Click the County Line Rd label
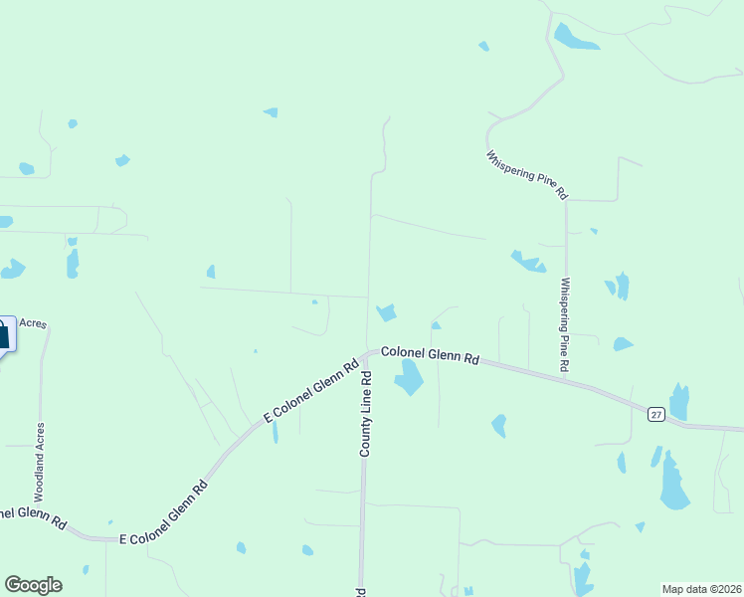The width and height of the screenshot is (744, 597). [x=366, y=414]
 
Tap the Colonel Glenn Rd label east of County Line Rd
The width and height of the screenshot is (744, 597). [x=430, y=356]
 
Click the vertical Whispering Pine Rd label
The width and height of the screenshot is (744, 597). [x=564, y=325]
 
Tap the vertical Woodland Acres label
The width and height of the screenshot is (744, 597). [x=40, y=462]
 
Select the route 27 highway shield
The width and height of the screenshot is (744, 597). [x=655, y=414]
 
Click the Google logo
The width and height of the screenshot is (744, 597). [x=33, y=585]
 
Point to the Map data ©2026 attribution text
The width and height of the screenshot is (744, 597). [x=702, y=588]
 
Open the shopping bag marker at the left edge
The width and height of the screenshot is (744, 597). [x=4, y=334]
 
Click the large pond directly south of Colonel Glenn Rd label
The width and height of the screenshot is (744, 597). [x=409, y=378]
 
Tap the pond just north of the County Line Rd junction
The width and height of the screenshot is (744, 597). [x=386, y=312]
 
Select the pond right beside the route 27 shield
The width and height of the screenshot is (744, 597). [x=679, y=402]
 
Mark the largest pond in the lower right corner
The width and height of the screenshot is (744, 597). [x=673, y=485]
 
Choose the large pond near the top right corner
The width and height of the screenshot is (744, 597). [x=575, y=38]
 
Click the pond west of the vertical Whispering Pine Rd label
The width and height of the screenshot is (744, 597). [x=528, y=262]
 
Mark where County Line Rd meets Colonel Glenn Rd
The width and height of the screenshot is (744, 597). [x=368, y=352]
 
